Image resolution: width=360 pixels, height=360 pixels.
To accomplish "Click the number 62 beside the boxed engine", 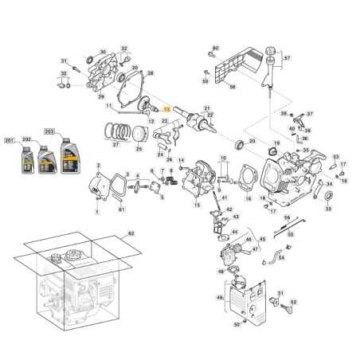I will (x=131, y=234).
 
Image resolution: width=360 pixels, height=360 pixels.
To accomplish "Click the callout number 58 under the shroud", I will (x=233, y=86).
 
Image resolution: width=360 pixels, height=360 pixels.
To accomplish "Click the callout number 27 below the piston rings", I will (x=115, y=144).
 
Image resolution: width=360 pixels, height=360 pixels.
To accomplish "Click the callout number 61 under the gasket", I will (x=121, y=209).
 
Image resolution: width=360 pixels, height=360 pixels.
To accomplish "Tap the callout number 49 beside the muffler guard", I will (x=220, y=297).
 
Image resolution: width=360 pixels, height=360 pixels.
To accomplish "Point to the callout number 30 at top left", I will (x=102, y=53).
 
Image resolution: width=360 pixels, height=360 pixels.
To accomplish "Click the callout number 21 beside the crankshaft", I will (x=206, y=108).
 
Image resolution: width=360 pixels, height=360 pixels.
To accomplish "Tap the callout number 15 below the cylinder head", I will (x=197, y=205).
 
